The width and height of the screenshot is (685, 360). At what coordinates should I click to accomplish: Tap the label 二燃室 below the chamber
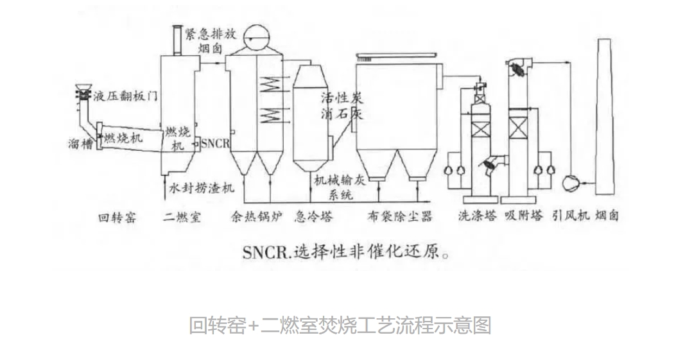point(182,217)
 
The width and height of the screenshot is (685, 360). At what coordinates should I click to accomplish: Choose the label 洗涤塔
point(478,217)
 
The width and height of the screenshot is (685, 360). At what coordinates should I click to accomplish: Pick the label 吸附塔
point(523,217)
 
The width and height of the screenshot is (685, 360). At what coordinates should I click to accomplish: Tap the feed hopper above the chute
point(83,90)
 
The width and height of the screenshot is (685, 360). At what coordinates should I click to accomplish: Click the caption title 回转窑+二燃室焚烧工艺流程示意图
point(340,325)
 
